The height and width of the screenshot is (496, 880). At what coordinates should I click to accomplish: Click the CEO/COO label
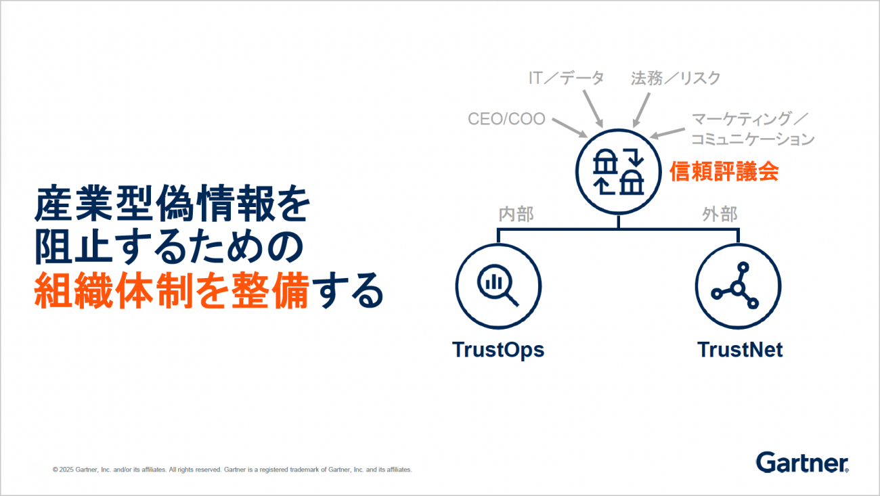coord(506,118)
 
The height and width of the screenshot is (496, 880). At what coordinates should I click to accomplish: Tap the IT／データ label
coord(566,78)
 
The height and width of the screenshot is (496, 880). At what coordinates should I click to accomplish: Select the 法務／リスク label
coord(676,78)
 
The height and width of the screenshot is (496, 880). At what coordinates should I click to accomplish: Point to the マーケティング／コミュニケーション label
coord(753,129)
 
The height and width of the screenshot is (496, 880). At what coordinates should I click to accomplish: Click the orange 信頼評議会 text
coord(724,171)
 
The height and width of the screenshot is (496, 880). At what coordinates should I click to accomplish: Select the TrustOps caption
coord(498,350)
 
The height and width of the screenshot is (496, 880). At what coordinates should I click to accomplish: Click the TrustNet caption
coord(740,350)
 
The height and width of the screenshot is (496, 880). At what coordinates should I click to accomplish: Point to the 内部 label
coord(516,214)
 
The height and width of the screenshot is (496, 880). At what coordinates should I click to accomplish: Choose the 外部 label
coord(720,214)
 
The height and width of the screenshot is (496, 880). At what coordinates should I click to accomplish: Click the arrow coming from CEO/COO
coord(570,128)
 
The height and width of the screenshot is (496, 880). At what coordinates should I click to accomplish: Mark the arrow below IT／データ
coord(593,109)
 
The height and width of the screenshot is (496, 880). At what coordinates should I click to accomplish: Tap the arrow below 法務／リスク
coord(641,110)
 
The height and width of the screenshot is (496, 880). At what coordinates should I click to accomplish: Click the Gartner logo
coord(802,463)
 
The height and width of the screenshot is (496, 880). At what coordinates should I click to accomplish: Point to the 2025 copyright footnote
coord(232,470)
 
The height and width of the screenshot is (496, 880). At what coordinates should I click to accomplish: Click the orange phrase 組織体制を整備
coord(172,290)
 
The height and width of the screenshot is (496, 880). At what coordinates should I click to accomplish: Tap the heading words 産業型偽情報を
coord(173,204)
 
